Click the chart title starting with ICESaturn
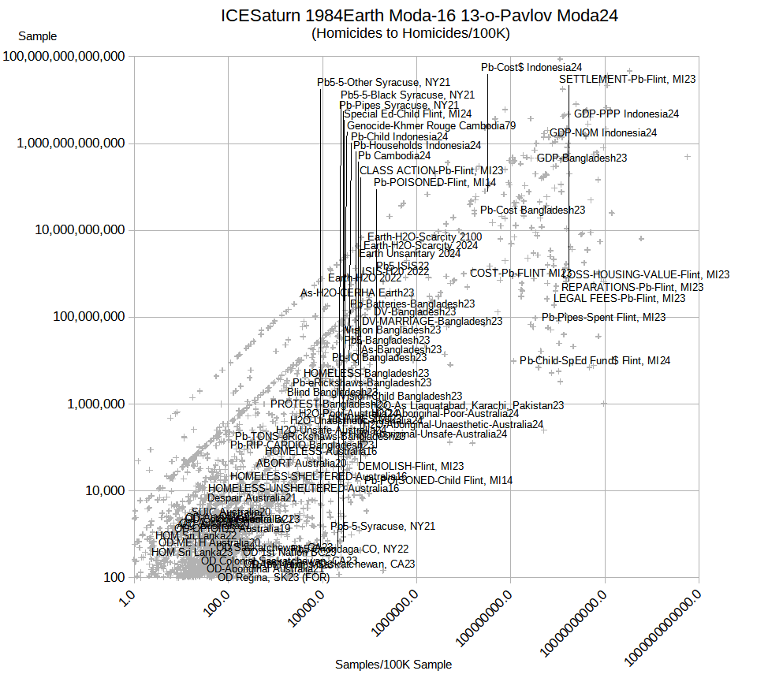click(419, 16)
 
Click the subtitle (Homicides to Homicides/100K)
click(411, 33)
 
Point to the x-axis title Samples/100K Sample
click(393, 665)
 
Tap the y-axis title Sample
click(37, 36)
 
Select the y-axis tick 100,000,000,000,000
click(64, 57)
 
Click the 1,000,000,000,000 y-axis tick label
click(70, 143)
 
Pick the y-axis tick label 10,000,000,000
click(76, 230)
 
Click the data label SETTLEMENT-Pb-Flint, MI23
click(628, 79)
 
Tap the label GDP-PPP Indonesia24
click(627, 114)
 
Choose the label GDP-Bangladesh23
click(582, 158)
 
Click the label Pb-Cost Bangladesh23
click(533, 210)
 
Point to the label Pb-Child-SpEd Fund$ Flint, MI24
click(595, 360)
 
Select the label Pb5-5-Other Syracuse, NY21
click(383, 82)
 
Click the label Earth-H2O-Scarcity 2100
click(424, 237)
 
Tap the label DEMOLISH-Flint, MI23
click(411, 466)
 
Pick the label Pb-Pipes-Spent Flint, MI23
click(603, 317)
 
